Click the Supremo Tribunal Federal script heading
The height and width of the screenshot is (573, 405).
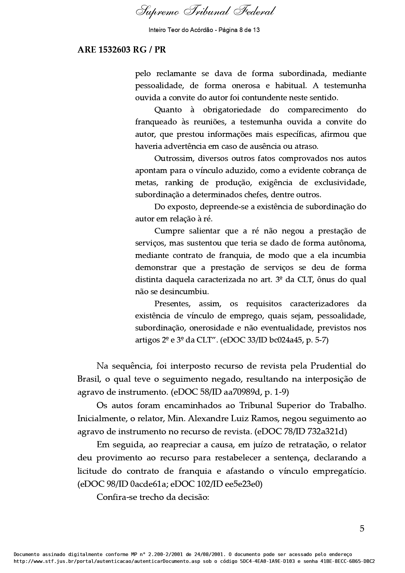coord(205,12)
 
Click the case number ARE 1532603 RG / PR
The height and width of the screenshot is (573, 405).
coord(121,50)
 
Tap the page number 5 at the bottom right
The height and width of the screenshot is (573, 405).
coord(362,528)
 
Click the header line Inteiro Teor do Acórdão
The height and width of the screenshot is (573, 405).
coord(204,30)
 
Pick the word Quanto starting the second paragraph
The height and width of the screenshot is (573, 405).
coord(168,110)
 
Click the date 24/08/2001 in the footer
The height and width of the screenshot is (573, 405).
coord(208,554)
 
